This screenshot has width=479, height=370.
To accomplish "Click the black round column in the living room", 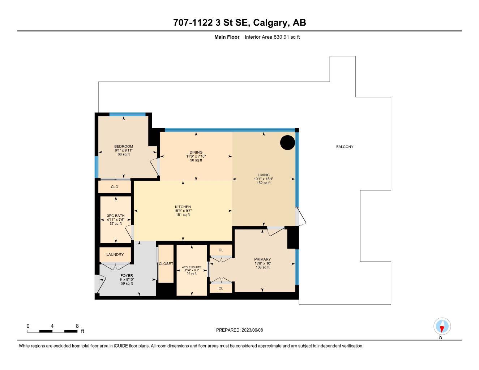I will pos(288,142).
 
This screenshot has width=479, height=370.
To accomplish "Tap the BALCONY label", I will pos(345,147).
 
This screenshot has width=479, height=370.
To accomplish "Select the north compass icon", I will pos(442,327).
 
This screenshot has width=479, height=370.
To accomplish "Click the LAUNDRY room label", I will pos(115,255).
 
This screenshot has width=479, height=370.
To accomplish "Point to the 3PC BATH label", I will pos(116,216).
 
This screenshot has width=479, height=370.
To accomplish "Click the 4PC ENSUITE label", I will pos(192,267).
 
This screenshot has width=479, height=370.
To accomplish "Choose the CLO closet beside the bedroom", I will pos(115,187).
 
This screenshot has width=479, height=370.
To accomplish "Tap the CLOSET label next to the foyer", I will pos(166,264).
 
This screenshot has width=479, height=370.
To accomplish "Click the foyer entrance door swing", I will pos(100,284).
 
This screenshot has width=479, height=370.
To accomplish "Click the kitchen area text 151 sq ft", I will pos(183,215).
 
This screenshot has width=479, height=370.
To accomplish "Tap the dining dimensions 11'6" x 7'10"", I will pos(196,156).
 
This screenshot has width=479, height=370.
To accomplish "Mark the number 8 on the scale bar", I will pos(77,326).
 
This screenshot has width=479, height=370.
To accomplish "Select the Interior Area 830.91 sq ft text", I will pos(272,37).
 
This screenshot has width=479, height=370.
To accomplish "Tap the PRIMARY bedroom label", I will pos(262,259).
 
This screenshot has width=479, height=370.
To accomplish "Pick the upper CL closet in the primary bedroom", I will pos(221,250).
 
